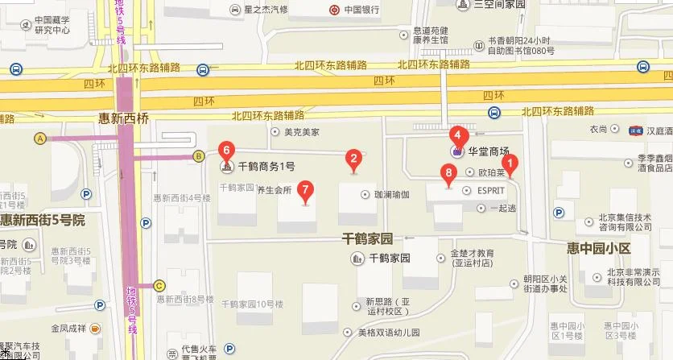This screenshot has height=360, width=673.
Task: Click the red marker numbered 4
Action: click(457, 134)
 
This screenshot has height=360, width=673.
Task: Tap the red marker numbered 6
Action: click(227, 149)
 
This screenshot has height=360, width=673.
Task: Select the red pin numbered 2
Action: click(352, 158)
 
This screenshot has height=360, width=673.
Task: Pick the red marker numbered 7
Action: click(305, 190)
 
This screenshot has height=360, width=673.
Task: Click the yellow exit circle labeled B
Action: click(198, 156)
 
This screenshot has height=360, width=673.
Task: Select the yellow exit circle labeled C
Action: click(159, 284)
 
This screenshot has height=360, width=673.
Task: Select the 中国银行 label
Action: click(361, 10)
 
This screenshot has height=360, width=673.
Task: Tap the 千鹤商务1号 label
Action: click(266, 167)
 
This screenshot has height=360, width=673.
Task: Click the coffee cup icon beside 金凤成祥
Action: click(95, 329)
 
